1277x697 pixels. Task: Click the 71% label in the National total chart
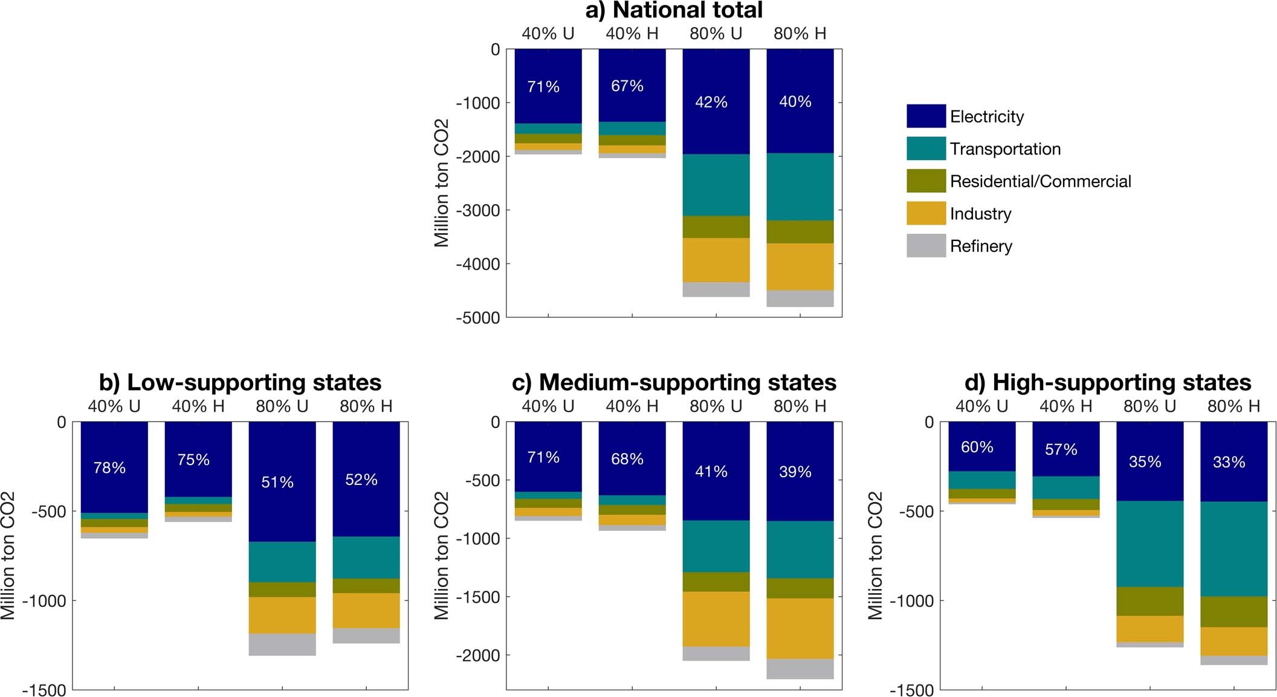[x=543, y=87]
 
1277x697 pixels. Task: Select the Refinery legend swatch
[x=925, y=246]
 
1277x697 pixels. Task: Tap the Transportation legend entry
[x=1004, y=149]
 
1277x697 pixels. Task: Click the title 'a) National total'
[x=674, y=10]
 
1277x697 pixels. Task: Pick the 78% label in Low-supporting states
[x=109, y=467]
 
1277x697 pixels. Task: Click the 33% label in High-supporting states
[x=1229, y=462]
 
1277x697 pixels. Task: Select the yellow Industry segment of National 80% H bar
[x=800, y=266]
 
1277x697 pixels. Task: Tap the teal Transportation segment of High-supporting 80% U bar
[x=1149, y=544]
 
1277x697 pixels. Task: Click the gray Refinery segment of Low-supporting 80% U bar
[x=282, y=644]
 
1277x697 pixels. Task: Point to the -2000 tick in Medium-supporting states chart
[x=477, y=655]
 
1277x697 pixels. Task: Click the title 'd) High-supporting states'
[x=1107, y=383]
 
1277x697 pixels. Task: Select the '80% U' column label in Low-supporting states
[x=282, y=406]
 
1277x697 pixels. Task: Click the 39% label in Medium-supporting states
[x=795, y=472]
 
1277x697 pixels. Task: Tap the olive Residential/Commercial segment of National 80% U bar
[x=716, y=226]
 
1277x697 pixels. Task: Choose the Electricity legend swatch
[x=925, y=116]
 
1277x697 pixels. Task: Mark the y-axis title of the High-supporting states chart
[x=875, y=556]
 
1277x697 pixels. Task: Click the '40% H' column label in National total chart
[x=632, y=34]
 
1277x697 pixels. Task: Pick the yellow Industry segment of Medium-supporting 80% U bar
[x=716, y=619]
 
